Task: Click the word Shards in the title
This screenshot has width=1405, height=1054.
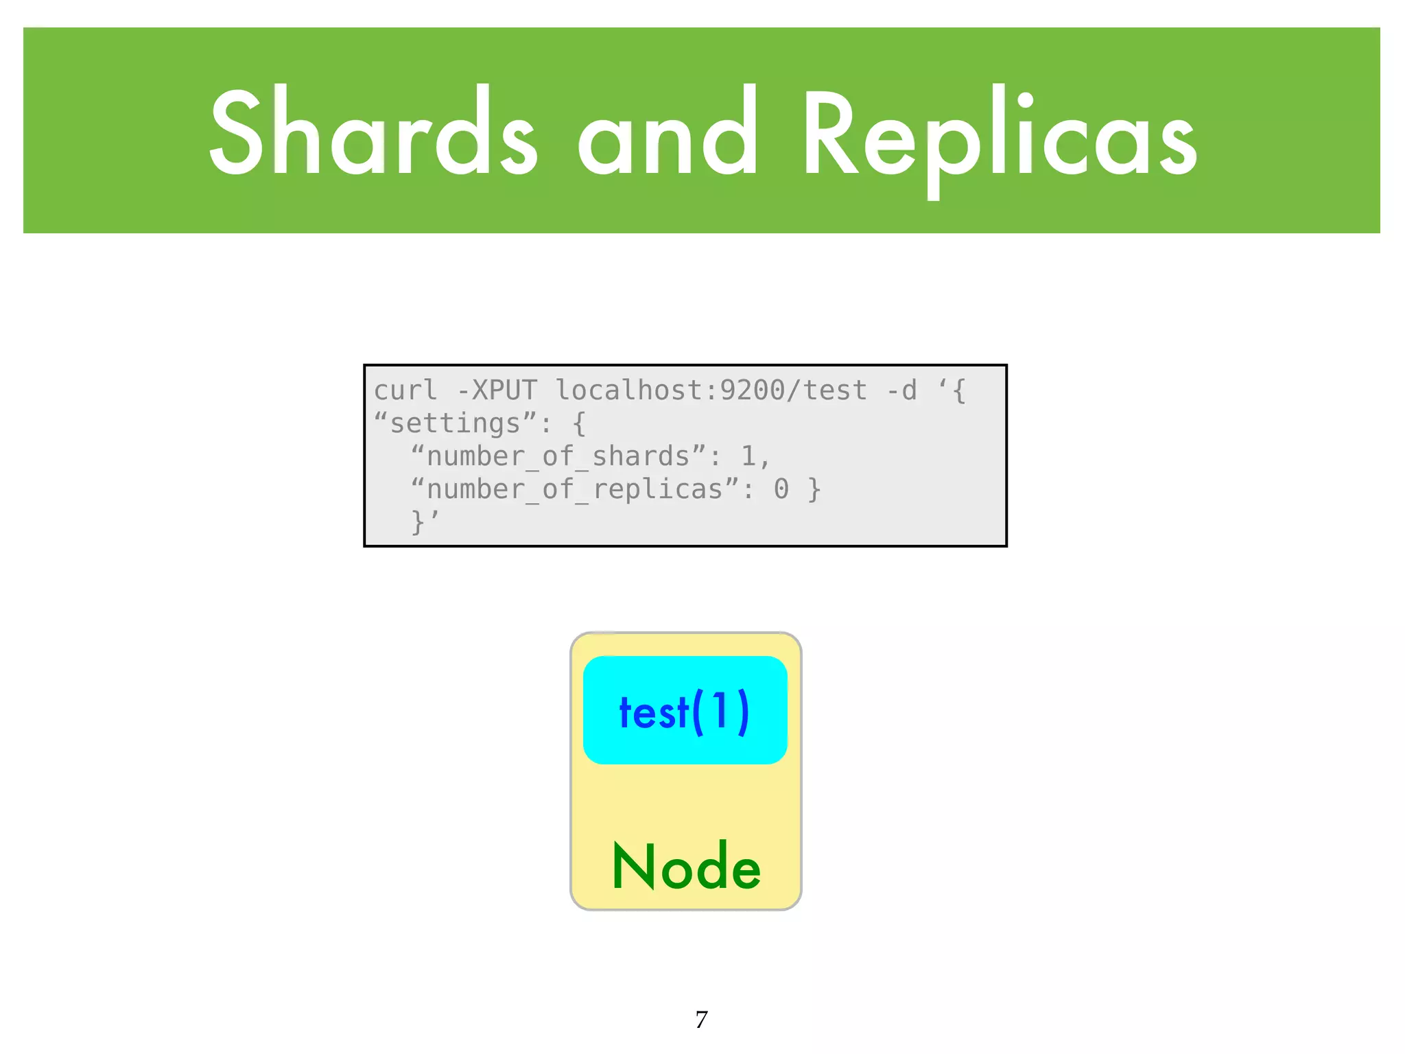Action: pyautogui.click(x=373, y=132)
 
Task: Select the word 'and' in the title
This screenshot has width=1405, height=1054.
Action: pyautogui.click(x=667, y=132)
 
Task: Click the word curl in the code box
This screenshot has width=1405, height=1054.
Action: pyautogui.click(x=405, y=390)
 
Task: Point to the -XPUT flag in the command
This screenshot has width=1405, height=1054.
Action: pyautogui.click(x=497, y=390)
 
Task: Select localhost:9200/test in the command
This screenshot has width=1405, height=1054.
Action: pyautogui.click(x=711, y=390)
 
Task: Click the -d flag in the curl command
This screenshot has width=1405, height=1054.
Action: pyautogui.click(x=901, y=390)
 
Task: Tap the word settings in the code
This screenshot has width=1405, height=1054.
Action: pyautogui.click(x=455, y=423)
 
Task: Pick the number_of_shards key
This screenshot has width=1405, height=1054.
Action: pyautogui.click(x=558, y=456)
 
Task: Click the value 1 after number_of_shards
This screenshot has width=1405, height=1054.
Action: pyautogui.click(x=748, y=456)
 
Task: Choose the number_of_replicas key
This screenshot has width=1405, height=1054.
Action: pyautogui.click(x=574, y=489)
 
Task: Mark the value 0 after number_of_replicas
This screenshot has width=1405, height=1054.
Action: pyautogui.click(x=781, y=489)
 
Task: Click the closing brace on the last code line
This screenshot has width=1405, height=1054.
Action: pyautogui.click(x=417, y=522)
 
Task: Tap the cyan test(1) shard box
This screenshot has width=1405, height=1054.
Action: pyautogui.click(x=685, y=710)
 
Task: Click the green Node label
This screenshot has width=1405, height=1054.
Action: pyautogui.click(x=686, y=867)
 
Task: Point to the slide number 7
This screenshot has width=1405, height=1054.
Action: pyautogui.click(x=701, y=1020)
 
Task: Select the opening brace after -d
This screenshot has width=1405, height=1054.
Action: pyautogui.click(x=959, y=390)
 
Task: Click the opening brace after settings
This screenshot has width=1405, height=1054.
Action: pyautogui.click(x=579, y=423)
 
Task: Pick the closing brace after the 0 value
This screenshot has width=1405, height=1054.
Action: pyautogui.click(x=814, y=489)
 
